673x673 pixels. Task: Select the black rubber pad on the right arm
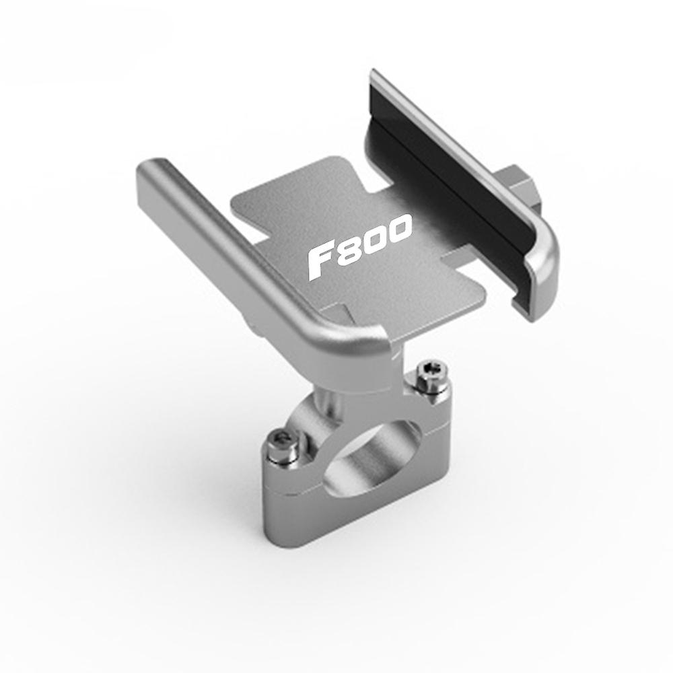446,180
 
